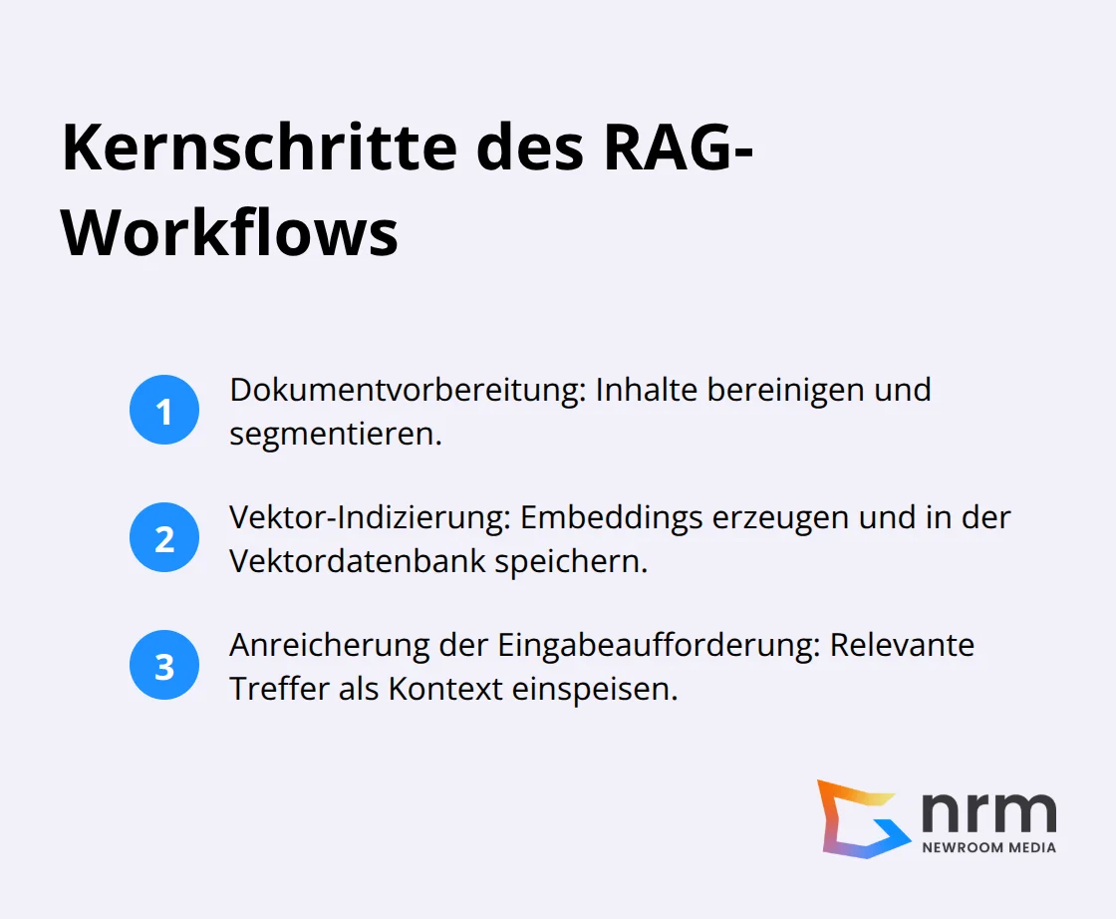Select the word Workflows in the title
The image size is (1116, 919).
point(230,235)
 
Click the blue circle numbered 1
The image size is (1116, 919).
point(164,410)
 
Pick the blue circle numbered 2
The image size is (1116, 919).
point(164,538)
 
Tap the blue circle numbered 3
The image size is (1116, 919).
point(164,666)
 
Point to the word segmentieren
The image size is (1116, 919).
point(335,434)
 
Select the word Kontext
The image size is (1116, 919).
point(445,689)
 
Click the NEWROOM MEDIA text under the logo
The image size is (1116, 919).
point(988,847)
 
